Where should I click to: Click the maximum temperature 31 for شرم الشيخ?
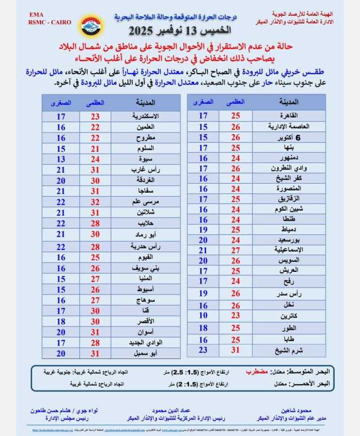tap(236, 350)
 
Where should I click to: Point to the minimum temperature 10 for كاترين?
tap(203, 316)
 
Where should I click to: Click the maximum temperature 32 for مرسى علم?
tap(96, 202)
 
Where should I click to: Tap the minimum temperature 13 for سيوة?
tap(61, 159)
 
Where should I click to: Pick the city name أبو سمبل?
tap(145, 353)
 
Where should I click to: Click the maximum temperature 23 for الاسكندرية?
tap(96, 116)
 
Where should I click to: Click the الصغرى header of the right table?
tap(202, 102)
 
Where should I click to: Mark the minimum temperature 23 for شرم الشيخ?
tap(203, 350)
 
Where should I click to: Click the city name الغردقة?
tap(145, 181)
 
